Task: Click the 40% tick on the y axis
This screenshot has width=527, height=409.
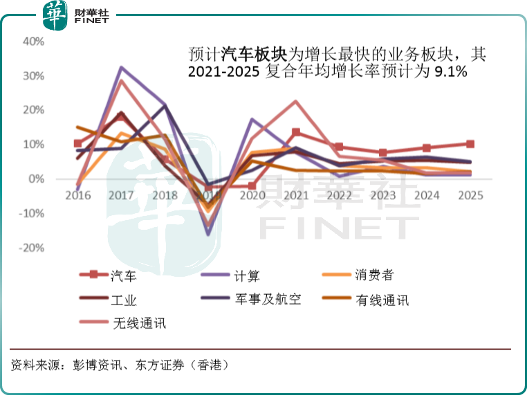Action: (x=34, y=42)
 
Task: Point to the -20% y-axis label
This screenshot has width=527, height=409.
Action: (x=32, y=248)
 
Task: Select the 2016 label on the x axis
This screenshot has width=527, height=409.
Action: (x=77, y=196)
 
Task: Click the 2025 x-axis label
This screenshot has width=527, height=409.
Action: (x=470, y=196)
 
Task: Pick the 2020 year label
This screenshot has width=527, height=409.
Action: (x=252, y=196)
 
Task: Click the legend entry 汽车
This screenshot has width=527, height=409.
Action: (x=124, y=275)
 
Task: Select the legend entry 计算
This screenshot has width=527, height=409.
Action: (x=246, y=275)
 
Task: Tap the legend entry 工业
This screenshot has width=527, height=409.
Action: (x=124, y=300)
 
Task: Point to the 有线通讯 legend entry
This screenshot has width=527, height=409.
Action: (x=383, y=300)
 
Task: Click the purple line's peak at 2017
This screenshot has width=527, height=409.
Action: (x=121, y=68)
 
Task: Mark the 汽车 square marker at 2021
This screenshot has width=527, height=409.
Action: (x=295, y=132)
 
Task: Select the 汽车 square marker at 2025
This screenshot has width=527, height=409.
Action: (x=470, y=144)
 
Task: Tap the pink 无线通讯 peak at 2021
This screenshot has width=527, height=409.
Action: (x=295, y=102)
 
